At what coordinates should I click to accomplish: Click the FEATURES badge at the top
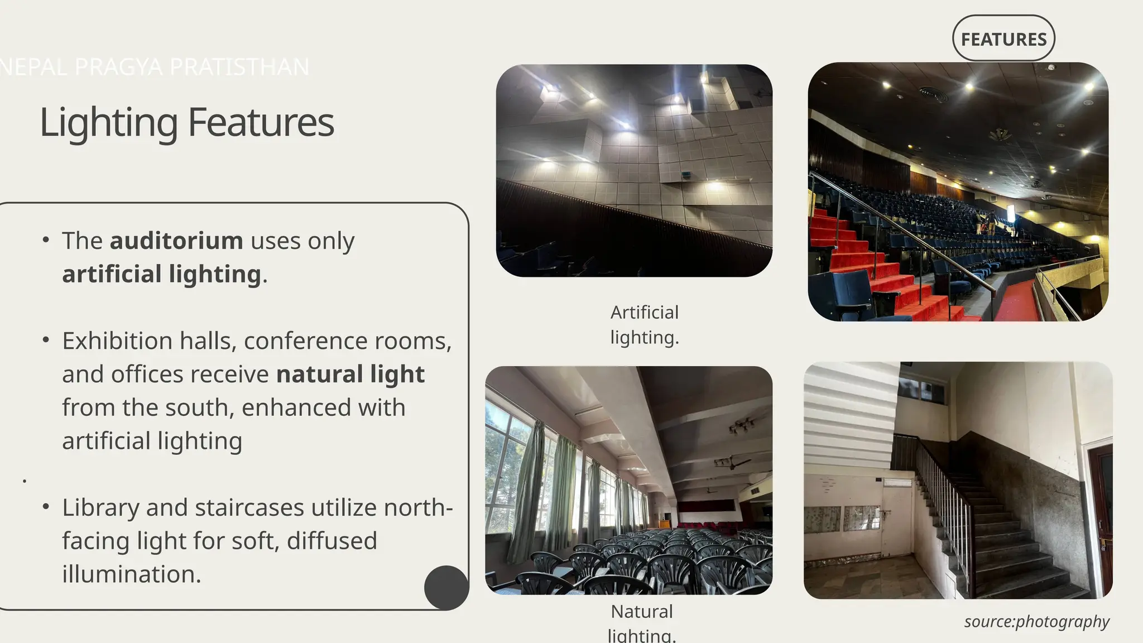coord(1003,39)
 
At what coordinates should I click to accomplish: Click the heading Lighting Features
coord(187,122)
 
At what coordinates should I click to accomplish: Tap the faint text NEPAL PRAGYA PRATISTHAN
coord(154,67)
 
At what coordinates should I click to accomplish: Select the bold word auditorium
coord(176,241)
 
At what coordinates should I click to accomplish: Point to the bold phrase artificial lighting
coord(161,274)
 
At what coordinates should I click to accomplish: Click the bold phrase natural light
coord(350,375)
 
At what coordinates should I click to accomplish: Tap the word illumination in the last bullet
coord(131,574)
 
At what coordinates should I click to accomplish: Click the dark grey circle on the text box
coord(446,587)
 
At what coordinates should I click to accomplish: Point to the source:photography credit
coord(1036,621)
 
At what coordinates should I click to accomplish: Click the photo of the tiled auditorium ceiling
coord(634,170)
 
